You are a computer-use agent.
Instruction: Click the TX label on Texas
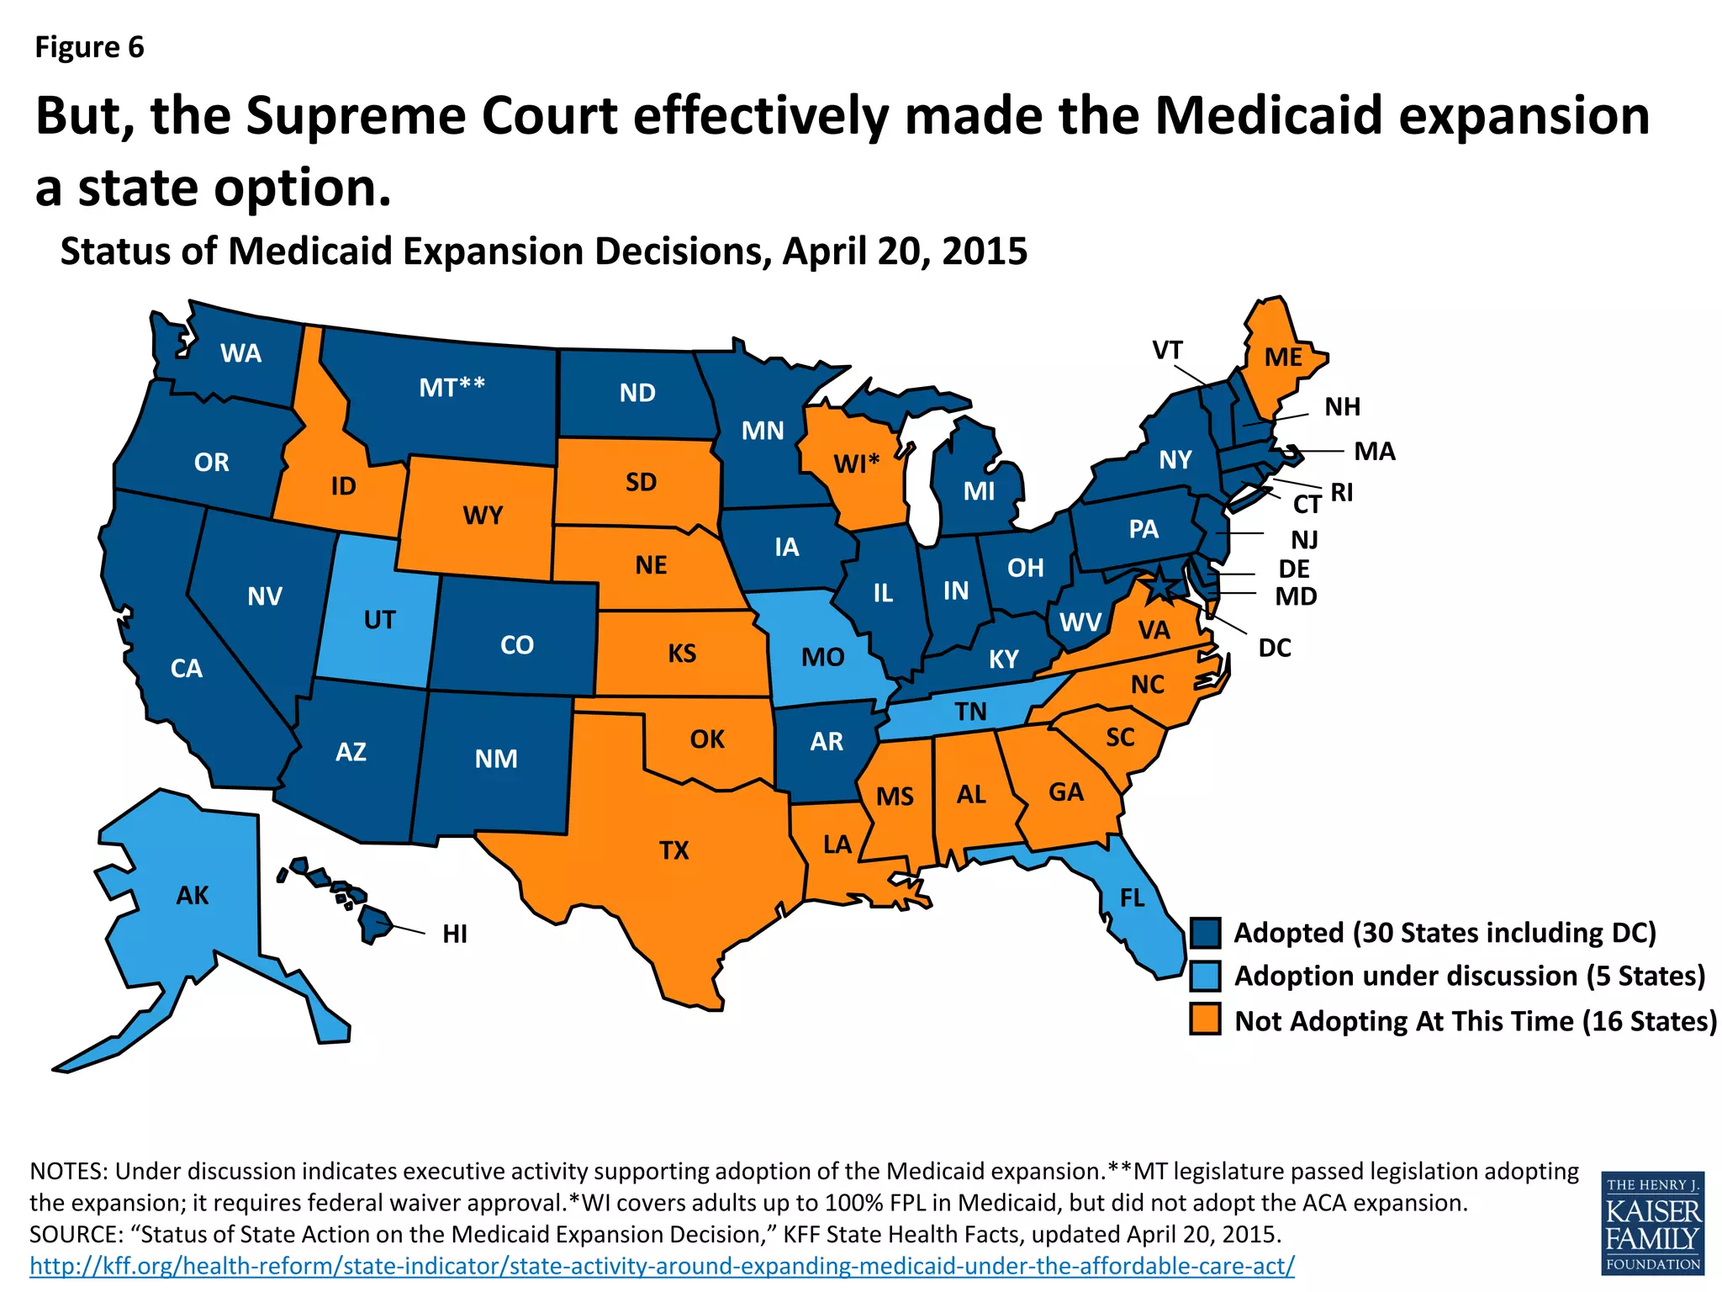point(673,850)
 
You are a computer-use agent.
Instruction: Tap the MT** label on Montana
point(452,387)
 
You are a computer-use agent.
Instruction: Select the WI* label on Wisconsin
point(856,463)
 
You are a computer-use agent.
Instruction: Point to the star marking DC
point(1159,584)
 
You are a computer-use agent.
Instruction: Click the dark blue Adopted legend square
point(1205,933)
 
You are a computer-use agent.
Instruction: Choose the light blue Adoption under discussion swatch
point(1205,977)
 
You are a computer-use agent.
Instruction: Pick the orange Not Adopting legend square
point(1205,1019)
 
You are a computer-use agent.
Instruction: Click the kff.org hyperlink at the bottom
point(662,1265)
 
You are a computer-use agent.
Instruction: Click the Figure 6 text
point(89,48)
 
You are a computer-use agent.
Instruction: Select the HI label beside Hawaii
point(454,934)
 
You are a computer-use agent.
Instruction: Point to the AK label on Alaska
point(192,895)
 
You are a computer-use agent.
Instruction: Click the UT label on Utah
point(379,620)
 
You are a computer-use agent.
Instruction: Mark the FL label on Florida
point(1132,898)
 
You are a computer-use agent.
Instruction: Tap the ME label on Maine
point(1283,357)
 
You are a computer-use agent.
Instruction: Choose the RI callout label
point(1342,492)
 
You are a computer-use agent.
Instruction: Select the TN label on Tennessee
point(970,712)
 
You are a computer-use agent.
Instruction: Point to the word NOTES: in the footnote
point(68,1171)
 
